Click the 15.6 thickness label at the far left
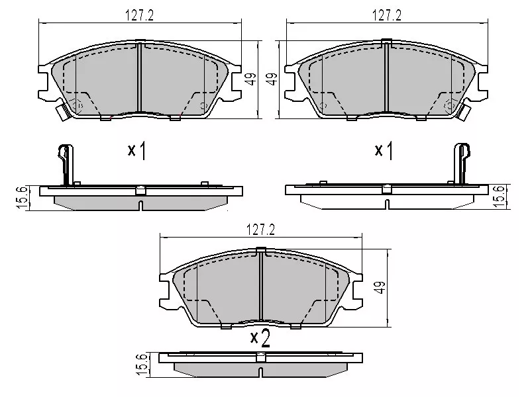(x=21, y=197)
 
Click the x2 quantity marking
(x=260, y=339)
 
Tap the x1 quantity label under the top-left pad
(x=137, y=151)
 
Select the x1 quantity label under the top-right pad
(x=384, y=151)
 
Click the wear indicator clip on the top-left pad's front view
(x=64, y=112)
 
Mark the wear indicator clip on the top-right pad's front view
(x=464, y=112)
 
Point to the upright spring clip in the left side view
(x=64, y=164)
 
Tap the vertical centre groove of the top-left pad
(x=139, y=79)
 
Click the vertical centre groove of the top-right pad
(x=386, y=79)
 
